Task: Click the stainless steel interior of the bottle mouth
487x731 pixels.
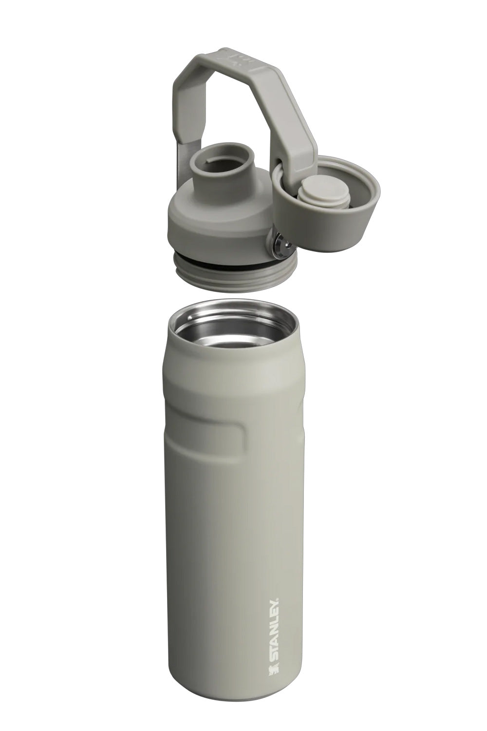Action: tap(234, 336)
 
